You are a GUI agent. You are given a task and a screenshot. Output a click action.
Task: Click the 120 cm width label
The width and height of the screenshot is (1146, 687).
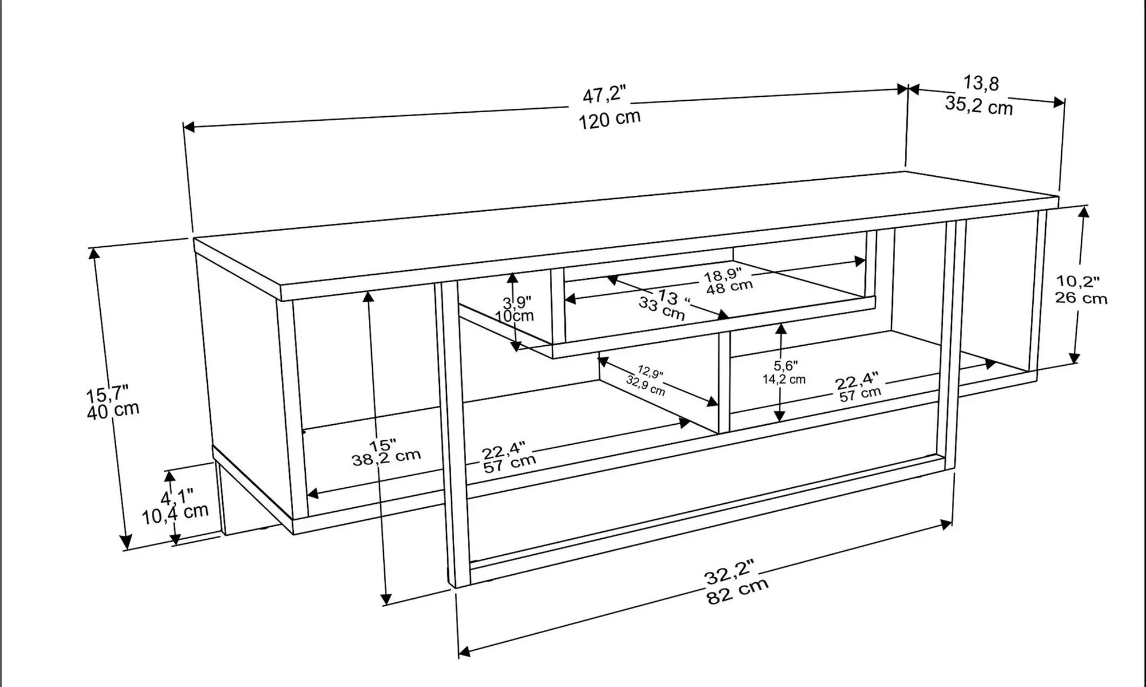pyautogui.click(x=609, y=120)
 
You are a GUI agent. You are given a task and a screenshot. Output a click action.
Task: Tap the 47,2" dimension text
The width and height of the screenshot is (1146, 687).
pyautogui.click(x=604, y=94)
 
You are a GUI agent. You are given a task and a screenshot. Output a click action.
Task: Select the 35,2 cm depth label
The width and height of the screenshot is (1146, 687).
pyautogui.click(x=979, y=106)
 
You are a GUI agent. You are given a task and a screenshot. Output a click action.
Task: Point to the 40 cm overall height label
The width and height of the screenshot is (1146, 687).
pyautogui.click(x=113, y=410)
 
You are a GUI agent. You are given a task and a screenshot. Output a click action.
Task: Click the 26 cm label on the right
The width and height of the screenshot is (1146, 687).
pyautogui.click(x=1081, y=298)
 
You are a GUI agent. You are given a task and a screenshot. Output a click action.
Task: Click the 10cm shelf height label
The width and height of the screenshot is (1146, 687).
pyautogui.click(x=514, y=315)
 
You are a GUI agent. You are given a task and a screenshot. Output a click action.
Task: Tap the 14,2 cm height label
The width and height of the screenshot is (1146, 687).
pyautogui.click(x=783, y=380)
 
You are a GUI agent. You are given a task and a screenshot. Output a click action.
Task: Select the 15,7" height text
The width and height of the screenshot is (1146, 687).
pyautogui.click(x=107, y=394)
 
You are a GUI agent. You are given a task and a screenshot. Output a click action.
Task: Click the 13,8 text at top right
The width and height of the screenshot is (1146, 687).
pyautogui.click(x=981, y=84)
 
